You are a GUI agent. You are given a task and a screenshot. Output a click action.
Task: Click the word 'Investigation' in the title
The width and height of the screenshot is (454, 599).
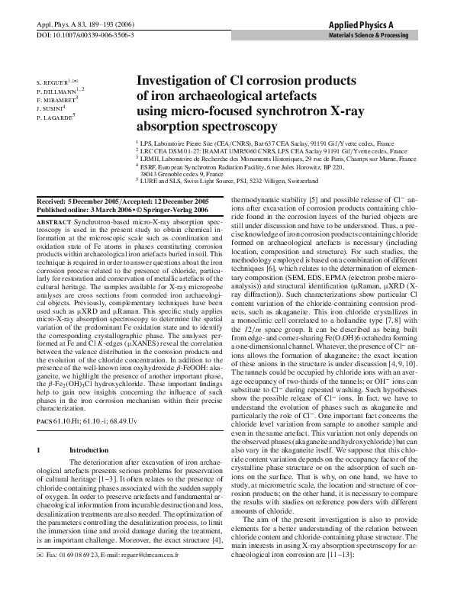[x=175, y=79]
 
